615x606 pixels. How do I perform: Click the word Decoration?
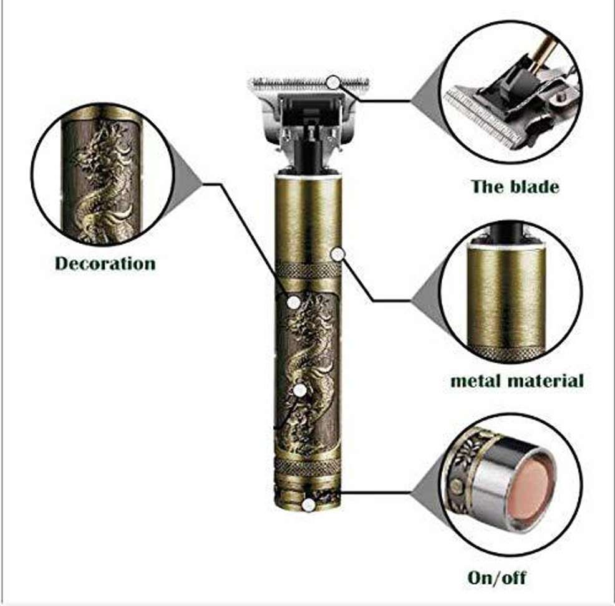point(105,263)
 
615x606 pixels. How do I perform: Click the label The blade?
point(515,186)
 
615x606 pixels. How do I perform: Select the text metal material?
point(517,380)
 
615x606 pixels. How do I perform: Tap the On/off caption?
point(496,577)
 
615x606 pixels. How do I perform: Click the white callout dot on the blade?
point(333,82)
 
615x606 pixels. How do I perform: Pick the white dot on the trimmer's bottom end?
point(309,505)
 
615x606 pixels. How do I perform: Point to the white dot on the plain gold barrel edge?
point(337,255)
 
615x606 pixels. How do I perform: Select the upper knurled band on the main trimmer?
point(308,271)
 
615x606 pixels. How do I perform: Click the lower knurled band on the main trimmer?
point(307,466)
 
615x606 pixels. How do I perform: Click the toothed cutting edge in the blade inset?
point(482,120)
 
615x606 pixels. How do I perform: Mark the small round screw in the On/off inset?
point(455,486)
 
